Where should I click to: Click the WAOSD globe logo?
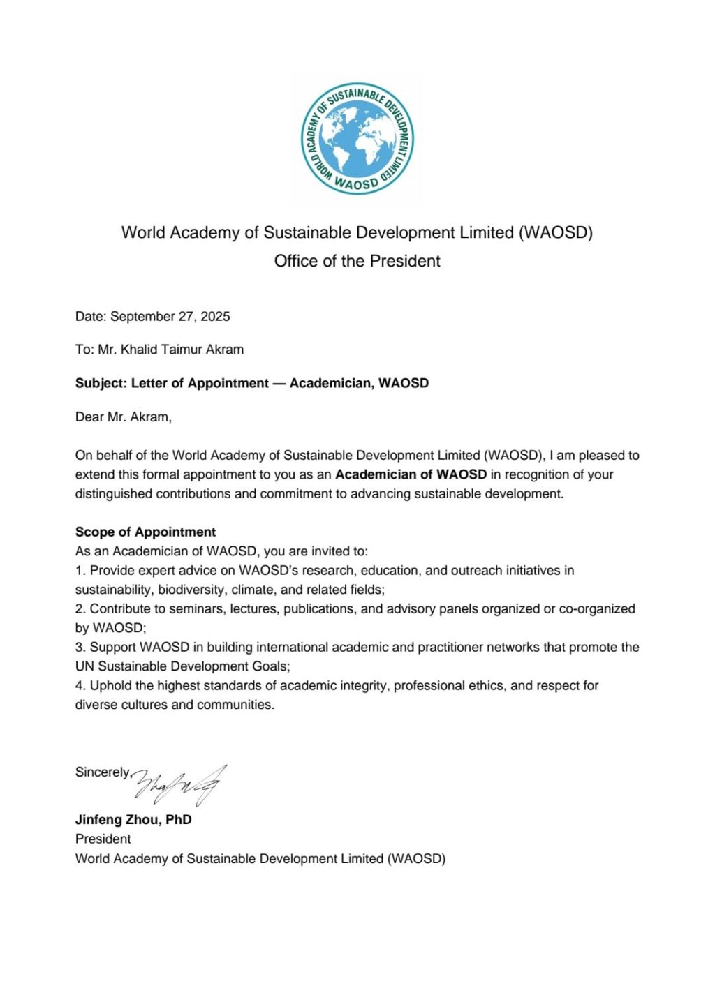pyautogui.click(x=357, y=139)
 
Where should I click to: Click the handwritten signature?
pyautogui.click(x=179, y=784)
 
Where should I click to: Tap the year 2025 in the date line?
pyautogui.click(x=215, y=316)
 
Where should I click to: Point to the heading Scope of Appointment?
pyautogui.click(x=145, y=532)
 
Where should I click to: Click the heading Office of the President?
pyautogui.click(x=357, y=261)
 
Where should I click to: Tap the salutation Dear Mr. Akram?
pyautogui.click(x=123, y=417)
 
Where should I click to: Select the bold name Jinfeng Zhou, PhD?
pyautogui.click(x=133, y=819)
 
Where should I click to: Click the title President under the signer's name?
pyautogui.click(x=103, y=839)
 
